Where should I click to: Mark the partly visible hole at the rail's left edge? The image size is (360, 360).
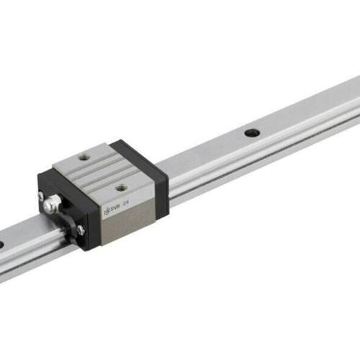coord(2,245)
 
